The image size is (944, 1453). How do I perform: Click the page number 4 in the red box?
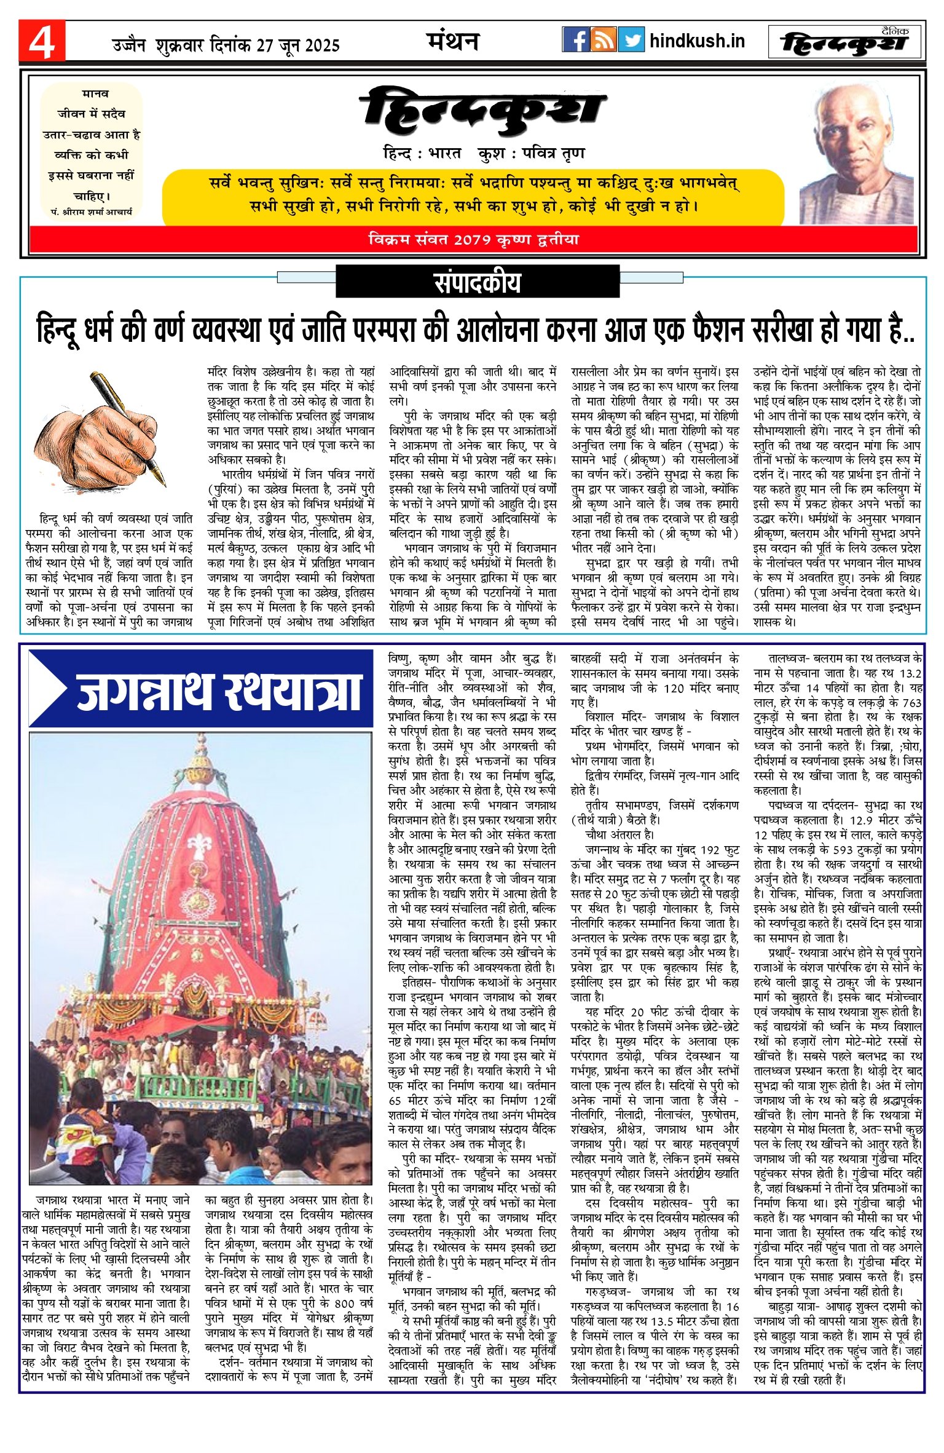coord(42,42)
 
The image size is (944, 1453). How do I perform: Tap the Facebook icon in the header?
coord(576,40)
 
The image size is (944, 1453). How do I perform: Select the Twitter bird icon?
coord(631,40)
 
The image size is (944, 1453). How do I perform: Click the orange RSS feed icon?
coord(603,40)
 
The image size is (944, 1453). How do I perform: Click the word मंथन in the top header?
coord(452,41)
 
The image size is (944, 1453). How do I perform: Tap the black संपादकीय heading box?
coord(477,282)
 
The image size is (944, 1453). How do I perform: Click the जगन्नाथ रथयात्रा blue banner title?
coord(218,691)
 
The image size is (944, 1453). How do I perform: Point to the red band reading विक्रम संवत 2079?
coord(473,239)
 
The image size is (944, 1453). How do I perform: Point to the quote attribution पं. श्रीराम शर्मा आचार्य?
coord(92,212)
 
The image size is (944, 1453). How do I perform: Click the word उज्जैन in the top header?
coord(129,45)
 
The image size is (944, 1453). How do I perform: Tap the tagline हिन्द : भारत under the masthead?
coord(422,153)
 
